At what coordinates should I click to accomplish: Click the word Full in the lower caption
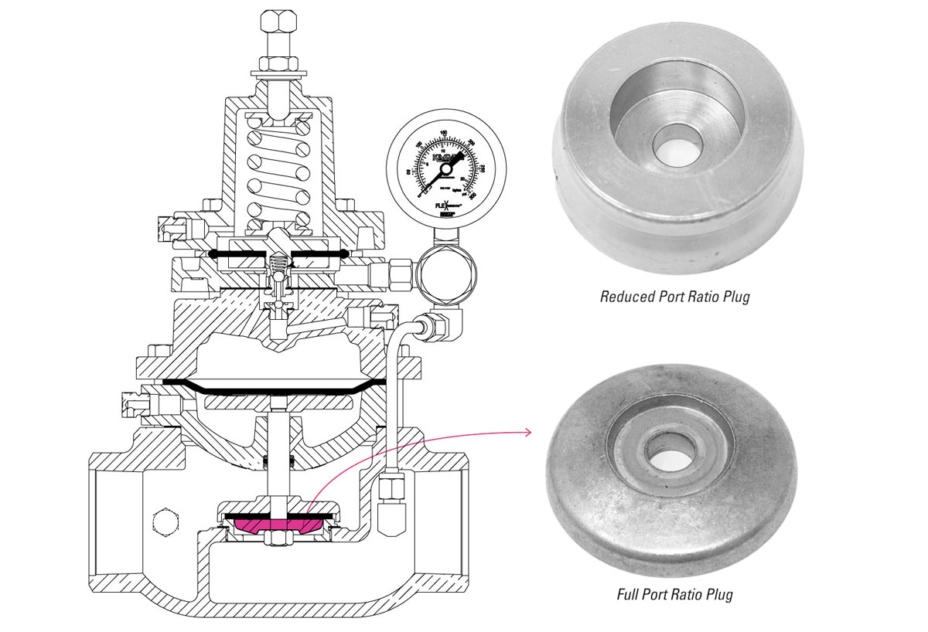coord(630,594)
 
